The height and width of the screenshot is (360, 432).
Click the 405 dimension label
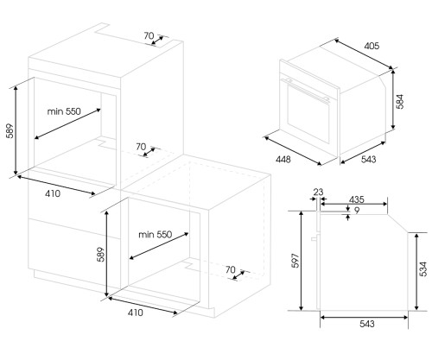(372, 46)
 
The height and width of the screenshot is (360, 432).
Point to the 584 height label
(400, 101)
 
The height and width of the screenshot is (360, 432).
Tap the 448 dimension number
(283, 159)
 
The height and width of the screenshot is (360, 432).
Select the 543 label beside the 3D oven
(368, 159)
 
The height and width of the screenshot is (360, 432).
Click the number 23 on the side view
(318, 192)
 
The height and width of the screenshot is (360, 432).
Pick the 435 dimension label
(357, 199)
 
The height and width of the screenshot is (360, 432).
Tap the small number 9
(357, 211)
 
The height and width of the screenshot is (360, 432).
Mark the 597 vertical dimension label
(295, 261)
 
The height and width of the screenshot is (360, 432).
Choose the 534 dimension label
(423, 269)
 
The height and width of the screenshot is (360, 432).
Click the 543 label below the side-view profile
(367, 324)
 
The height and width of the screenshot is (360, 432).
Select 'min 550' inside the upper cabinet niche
(64, 111)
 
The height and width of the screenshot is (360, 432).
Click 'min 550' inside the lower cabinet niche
(155, 235)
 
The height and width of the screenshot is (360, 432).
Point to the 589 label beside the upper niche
(10, 131)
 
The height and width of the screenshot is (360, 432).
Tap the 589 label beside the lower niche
(100, 254)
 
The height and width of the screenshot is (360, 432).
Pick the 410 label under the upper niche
(53, 193)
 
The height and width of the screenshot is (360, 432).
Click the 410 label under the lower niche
(135, 313)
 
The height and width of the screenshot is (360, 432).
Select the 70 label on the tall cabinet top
(149, 36)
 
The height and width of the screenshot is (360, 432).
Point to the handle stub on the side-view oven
(314, 238)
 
